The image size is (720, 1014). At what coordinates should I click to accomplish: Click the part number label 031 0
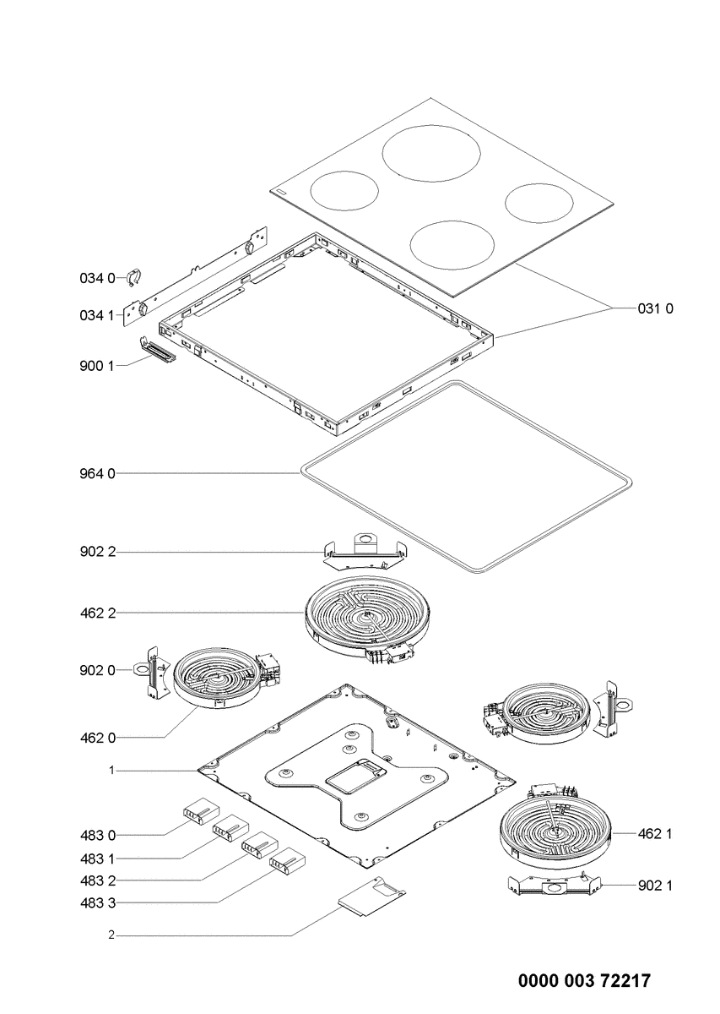click(656, 309)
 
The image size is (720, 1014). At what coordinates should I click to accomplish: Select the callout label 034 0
click(97, 277)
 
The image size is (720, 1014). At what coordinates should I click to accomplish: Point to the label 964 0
click(97, 474)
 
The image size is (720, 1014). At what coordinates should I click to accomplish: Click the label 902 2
click(97, 552)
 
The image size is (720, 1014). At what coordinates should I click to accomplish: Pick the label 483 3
click(97, 903)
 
